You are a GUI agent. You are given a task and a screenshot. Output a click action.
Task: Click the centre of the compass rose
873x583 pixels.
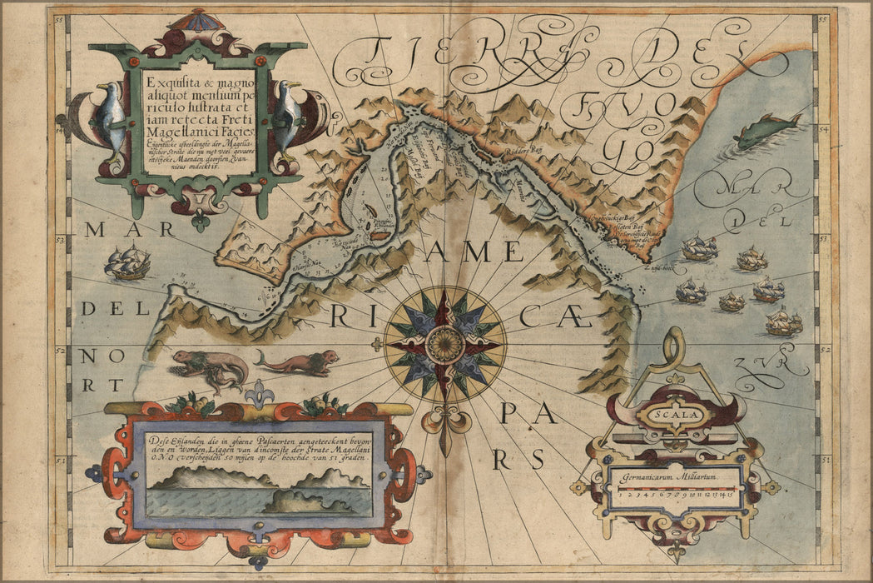point(444,344)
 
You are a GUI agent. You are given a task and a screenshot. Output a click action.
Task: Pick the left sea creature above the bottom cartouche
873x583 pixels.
point(208,366)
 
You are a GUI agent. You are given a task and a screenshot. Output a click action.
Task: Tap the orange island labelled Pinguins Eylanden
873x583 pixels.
point(378,236)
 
